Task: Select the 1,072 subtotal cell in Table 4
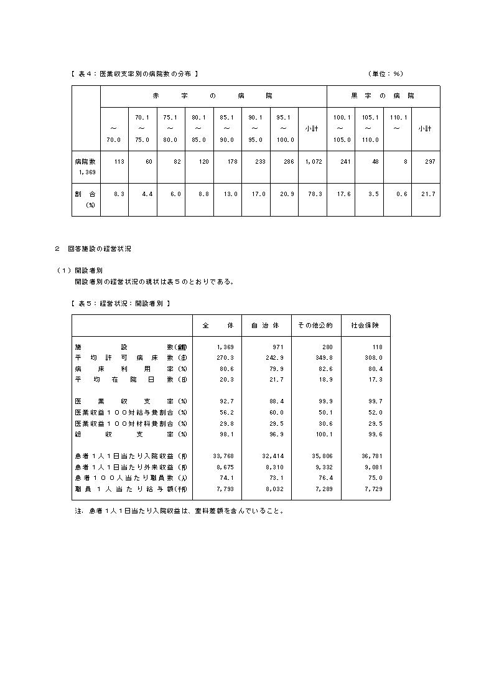pos(314,161)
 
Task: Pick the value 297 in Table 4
pos(427,161)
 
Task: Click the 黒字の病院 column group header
pos(383,96)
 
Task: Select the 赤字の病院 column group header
pos(213,96)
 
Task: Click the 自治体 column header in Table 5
pos(266,326)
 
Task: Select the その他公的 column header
pos(315,326)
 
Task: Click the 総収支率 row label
pos(131,434)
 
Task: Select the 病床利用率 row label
pos(131,368)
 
